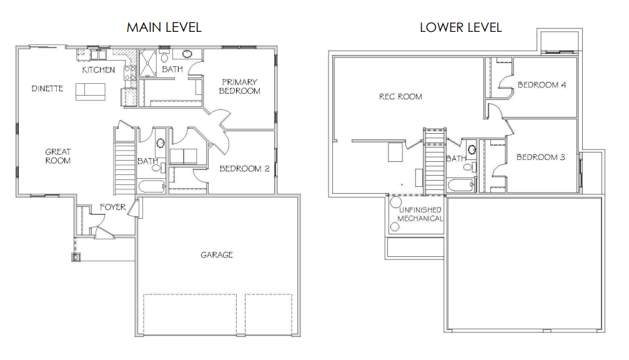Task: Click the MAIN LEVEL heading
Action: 164,27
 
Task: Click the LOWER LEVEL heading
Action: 460,27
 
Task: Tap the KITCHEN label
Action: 98,70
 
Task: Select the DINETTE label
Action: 47,88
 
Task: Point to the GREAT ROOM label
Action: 57,156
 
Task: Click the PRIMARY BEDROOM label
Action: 239,86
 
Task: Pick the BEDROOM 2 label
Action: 244,169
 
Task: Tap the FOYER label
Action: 112,207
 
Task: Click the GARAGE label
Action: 217,254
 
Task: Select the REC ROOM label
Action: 400,96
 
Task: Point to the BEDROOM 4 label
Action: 542,84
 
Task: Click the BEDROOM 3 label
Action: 540,157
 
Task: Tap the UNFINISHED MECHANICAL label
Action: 420,214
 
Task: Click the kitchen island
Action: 90,91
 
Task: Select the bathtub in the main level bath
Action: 152,186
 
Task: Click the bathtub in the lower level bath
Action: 460,186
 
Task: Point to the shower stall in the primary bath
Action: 147,62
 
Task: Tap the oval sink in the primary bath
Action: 187,54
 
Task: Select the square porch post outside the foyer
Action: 76,257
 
